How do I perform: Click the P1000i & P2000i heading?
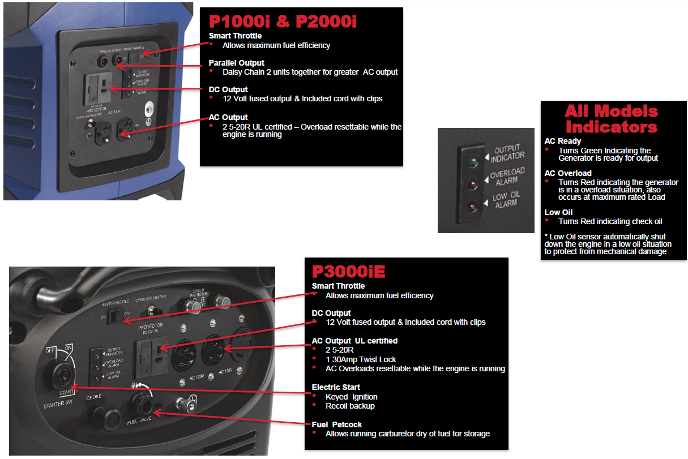click(283, 22)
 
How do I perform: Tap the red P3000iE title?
click(345, 271)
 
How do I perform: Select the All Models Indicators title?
click(611, 118)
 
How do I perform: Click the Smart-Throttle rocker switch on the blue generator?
click(134, 57)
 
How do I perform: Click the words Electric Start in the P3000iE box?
click(336, 388)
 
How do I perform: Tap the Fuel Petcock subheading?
click(336, 424)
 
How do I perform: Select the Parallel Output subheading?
click(236, 63)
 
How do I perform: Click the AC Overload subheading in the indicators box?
click(567, 173)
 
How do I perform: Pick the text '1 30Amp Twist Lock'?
click(361, 359)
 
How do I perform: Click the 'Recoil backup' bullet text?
click(350, 406)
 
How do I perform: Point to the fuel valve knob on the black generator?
click(141, 405)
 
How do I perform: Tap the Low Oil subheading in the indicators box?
click(558, 212)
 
